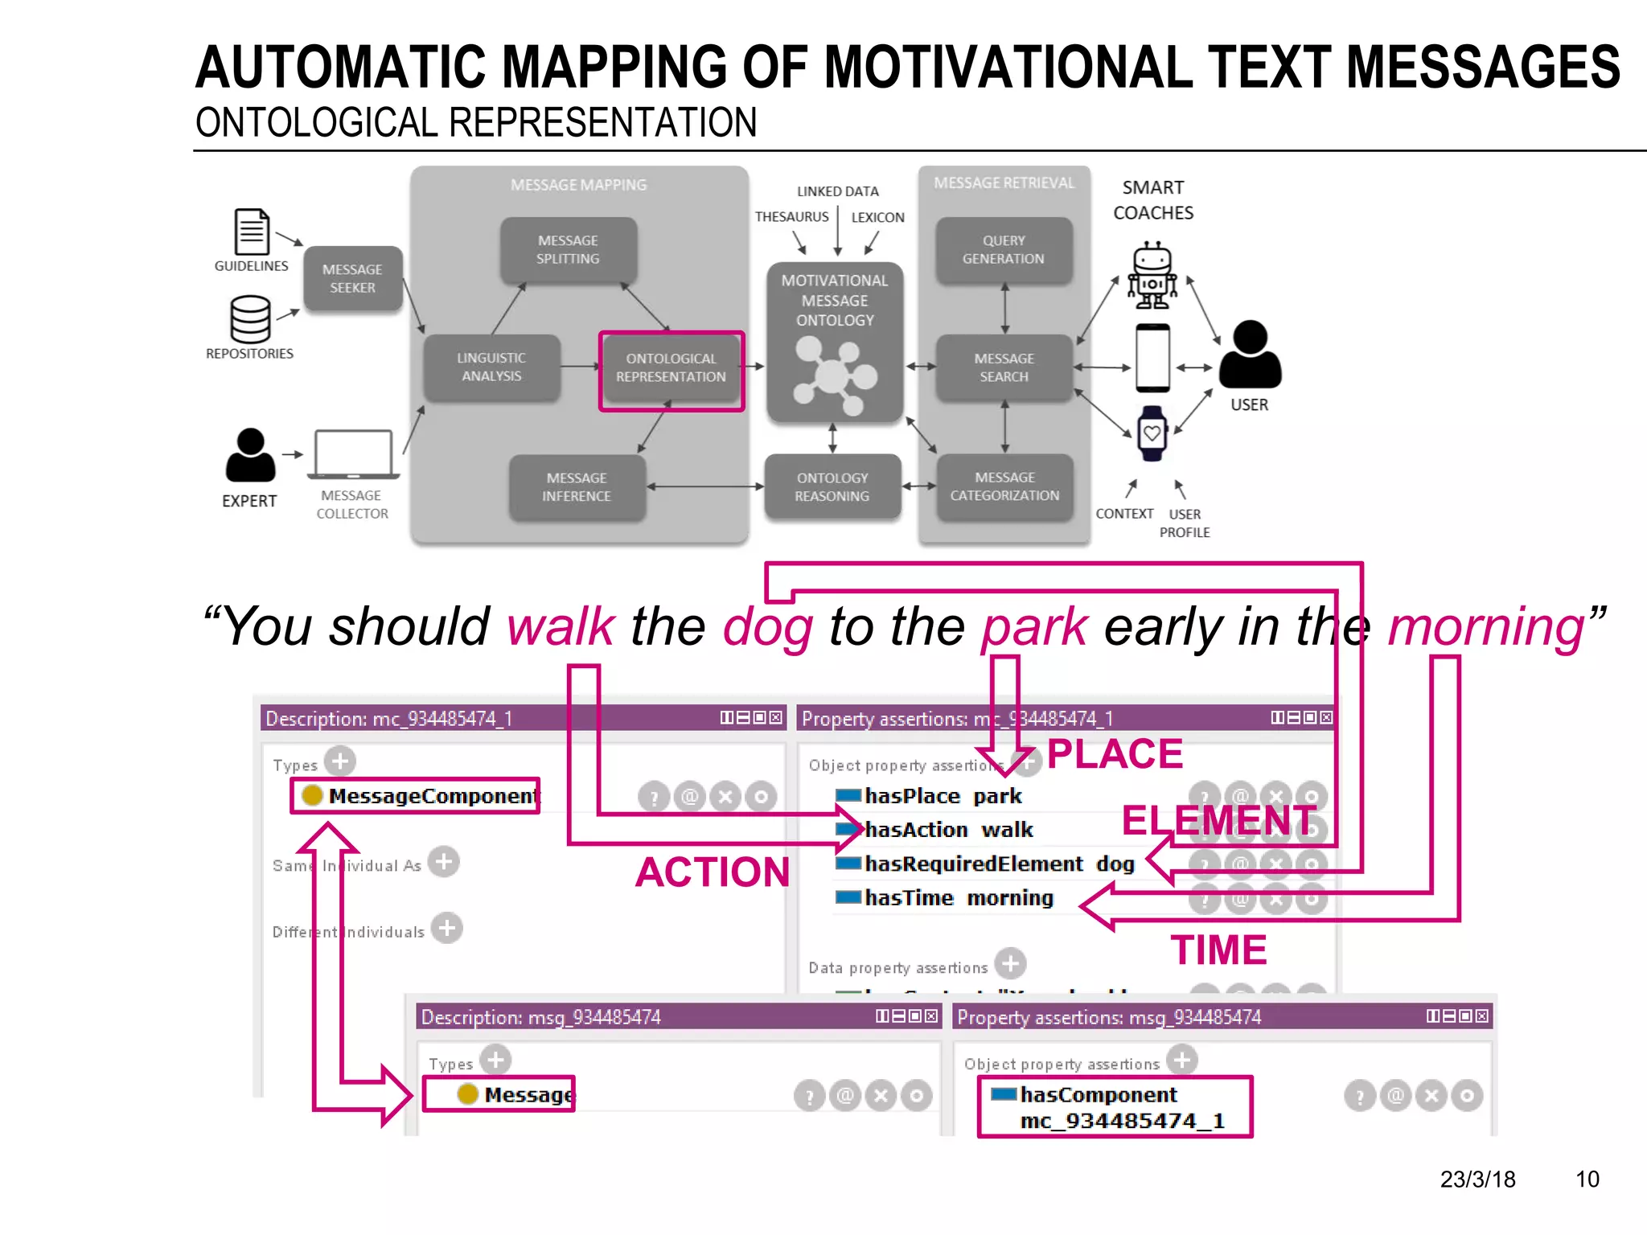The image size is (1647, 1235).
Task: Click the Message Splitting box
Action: pyautogui.click(x=568, y=250)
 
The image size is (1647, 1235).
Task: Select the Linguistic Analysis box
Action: pyautogui.click(x=491, y=367)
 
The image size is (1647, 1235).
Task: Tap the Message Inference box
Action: pyautogui.click(x=577, y=487)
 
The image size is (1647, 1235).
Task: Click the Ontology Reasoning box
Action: pyautogui.click(x=832, y=487)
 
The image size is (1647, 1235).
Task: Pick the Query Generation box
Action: pyautogui.click(x=1004, y=250)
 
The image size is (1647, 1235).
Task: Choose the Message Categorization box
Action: pyautogui.click(x=1004, y=487)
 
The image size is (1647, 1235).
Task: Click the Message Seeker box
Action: pyautogui.click(x=352, y=278)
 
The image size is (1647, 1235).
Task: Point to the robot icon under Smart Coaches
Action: pyautogui.click(x=1152, y=276)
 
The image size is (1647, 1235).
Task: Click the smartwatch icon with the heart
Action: pyautogui.click(x=1152, y=433)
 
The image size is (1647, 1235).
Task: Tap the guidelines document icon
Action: pyautogui.click(x=252, y=232)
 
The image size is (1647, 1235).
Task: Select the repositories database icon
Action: pyautogui.click(x=250, y=319)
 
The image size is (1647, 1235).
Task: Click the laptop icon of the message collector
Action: pyautogui.click(x=353, y=454)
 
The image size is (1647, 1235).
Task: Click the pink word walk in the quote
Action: pyautogui.click(x=561, y=626)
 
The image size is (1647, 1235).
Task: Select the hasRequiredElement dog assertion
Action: pyautogui.click(x=999, y=864)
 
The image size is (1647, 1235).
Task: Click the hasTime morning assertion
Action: pyautogui.click(x=959, y=898)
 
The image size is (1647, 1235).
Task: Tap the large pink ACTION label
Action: pyautogui.click(x=713, y=872)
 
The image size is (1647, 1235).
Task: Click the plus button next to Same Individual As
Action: pyautogui.click(x=443, y=862)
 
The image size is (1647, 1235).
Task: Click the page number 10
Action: pyautogui.click(x=1587, y=1180)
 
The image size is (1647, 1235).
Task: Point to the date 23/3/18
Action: pyautogui.click(x=1477, y=1180)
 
